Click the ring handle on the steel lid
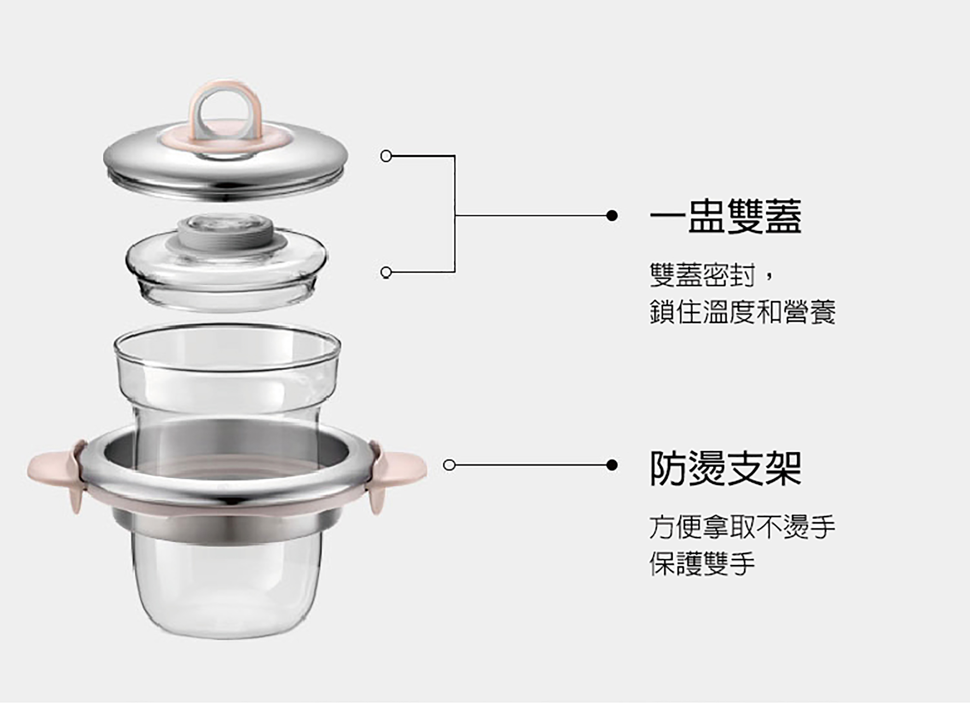click(225, 92)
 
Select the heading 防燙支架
click(725, 468)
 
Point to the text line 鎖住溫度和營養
click(742, 312)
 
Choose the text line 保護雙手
click(702, 564)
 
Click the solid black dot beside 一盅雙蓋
click(612, 216)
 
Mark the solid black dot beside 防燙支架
click(612, 465)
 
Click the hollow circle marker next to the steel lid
click(386, 156)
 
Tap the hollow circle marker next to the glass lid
click(386, 272)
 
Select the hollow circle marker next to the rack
click(449, 465)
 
